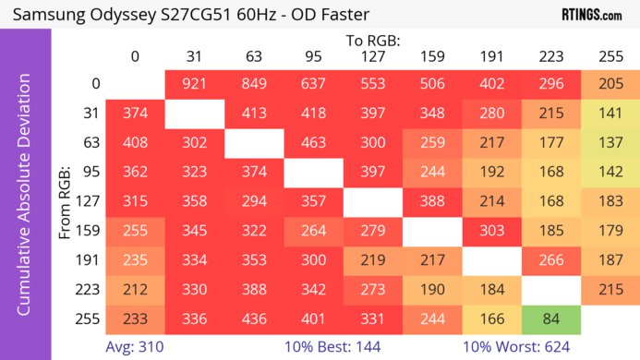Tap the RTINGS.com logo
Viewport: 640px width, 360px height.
[x=591, y=15]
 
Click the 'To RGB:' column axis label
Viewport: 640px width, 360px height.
[x=372, y=41]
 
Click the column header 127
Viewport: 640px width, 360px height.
[x=372, y=57]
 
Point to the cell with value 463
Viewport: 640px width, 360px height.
[x=313, y=144]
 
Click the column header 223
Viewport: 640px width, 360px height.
[x=550, y=57]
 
